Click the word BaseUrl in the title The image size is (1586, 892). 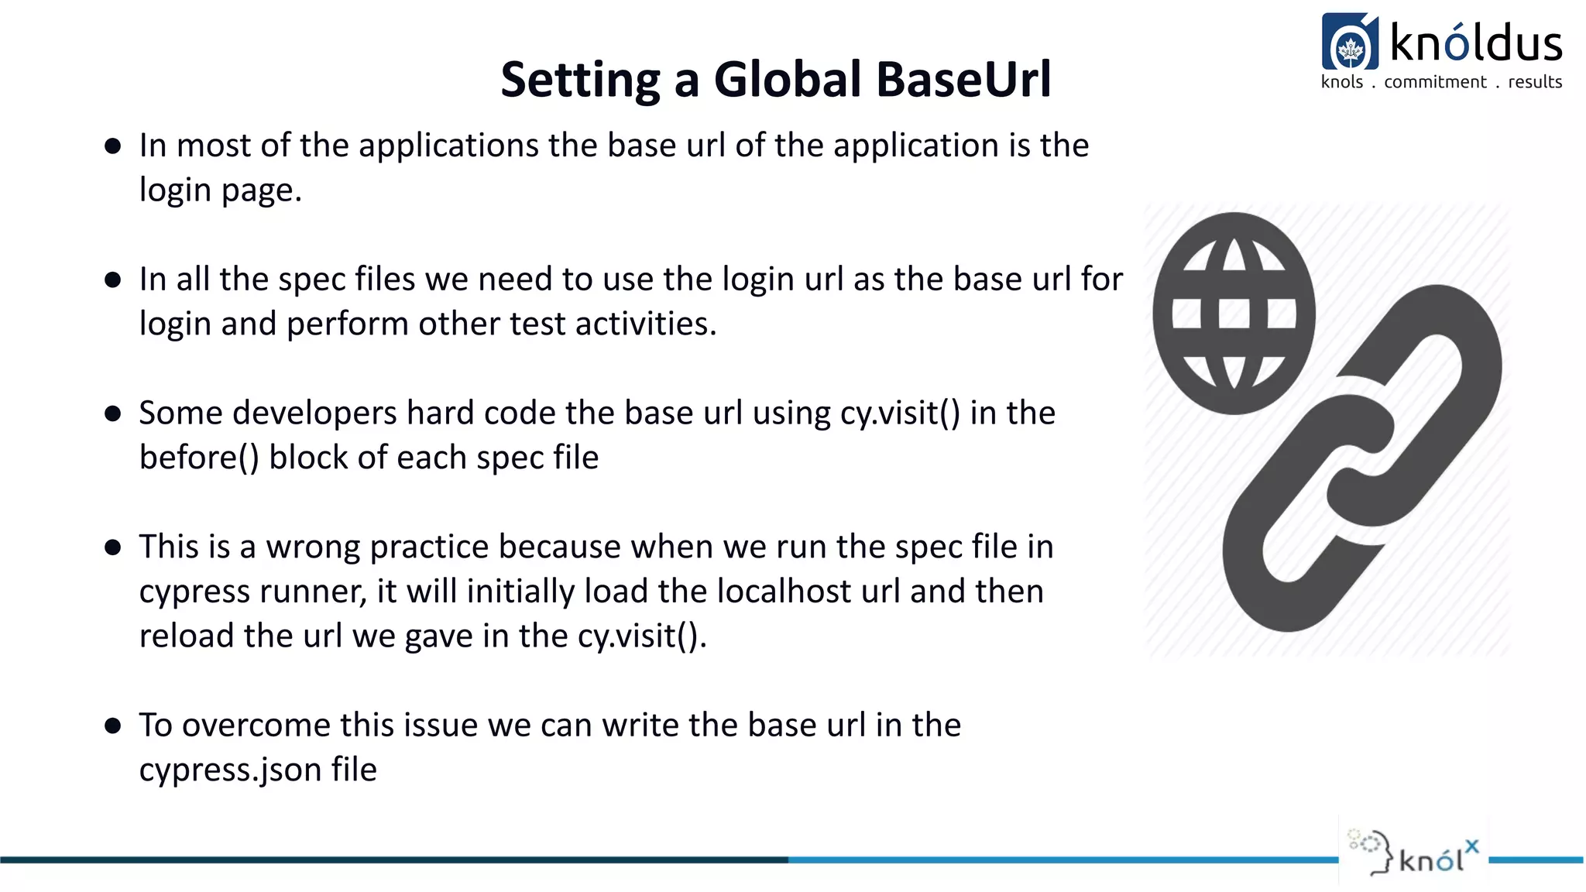(963, 80)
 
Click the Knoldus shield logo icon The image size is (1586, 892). (1350, 43)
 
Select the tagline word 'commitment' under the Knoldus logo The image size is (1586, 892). (1435, 82)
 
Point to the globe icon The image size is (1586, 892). (1234, 314)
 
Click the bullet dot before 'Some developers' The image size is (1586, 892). (113, 413)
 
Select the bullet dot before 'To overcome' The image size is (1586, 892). (113, 726)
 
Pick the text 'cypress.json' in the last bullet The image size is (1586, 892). (230, 770)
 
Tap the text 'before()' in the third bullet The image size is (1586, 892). (199, 458)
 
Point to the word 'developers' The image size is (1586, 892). (314, 413)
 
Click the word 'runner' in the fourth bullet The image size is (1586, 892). (314, 592)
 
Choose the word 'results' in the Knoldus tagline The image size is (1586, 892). (1535, 82)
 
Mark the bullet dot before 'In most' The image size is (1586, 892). (113, 146)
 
